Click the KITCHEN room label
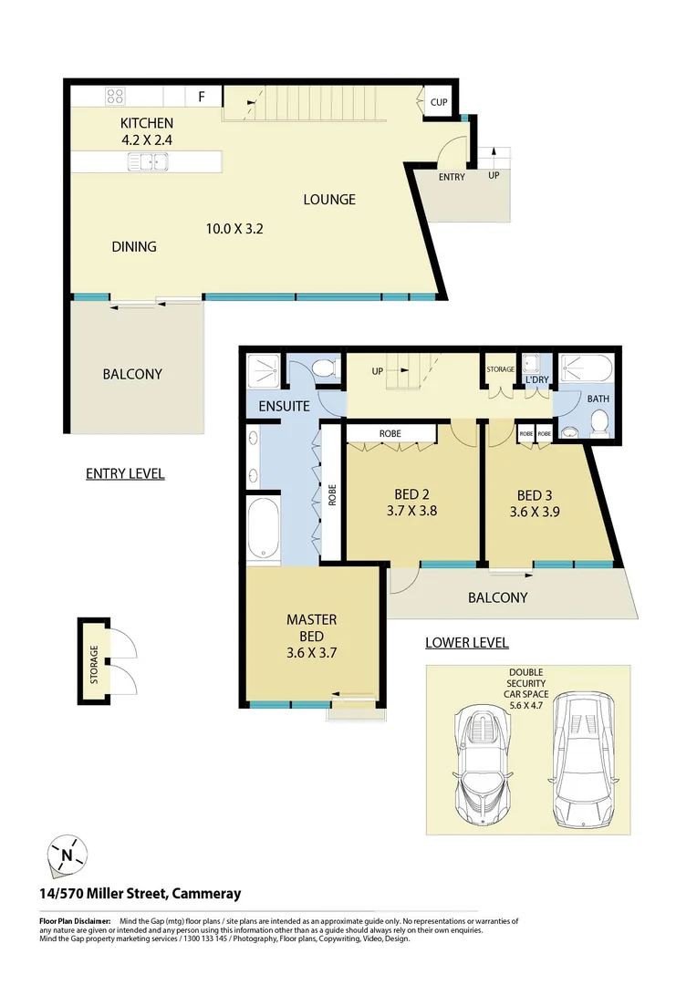pyautogui.click(x=146, y=123)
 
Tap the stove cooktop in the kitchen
pyautogui.click(x=116, y=95)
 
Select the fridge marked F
pyautogui.click(x=202, y=95)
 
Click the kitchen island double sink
pyautogui.click(x=148, y=162)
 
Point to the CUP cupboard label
pyautogui.click(x=439, y=103)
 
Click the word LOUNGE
pyautogui.click(x=329, y=199)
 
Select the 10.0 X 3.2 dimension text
pyautogui.click(x=234, y=229)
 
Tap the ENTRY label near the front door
pyautogui.click(x=452, y=177)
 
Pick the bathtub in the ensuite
pyautogui.click(x=263, y=528)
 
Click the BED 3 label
pyautogui.click(x=535, y=496)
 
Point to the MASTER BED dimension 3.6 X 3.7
pyautogui.click(x=312, y=653)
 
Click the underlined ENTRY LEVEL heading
pyautogui.click(x=125, y=473)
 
